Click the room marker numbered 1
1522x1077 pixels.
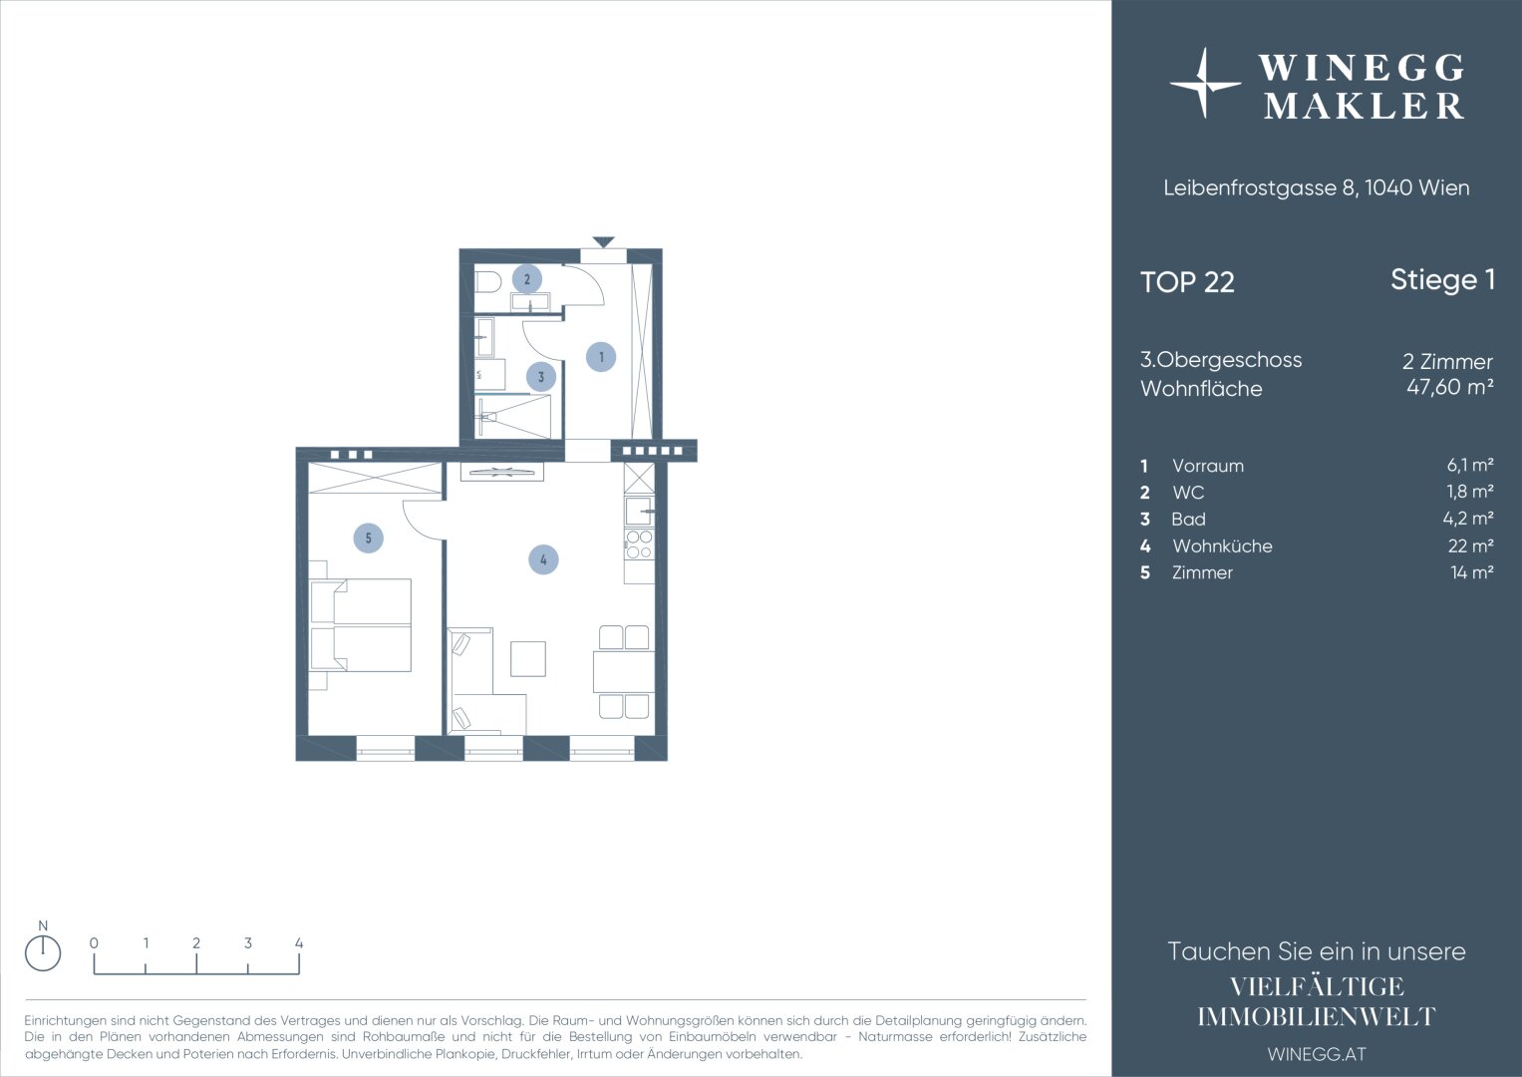(601, 357)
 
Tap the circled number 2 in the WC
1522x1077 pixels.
(526, 279)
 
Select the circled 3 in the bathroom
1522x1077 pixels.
(541, 377)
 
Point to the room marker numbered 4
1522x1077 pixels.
(543, 559)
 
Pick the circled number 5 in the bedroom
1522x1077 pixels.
(368, 538)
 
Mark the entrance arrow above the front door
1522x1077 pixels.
(603, 241)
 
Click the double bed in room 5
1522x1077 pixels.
(360, 625)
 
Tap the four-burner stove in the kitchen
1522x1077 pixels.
(639, 543)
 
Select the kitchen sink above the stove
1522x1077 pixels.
(639, 512)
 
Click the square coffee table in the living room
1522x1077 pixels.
(528, 659)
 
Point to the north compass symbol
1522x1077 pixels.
(43, 952)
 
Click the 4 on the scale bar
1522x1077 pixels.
(299, 943)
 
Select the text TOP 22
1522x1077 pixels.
(1187, 282)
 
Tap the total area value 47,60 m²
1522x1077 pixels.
(1450, 387)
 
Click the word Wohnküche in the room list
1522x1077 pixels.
(1222, 546)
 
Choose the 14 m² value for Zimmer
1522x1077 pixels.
(1472, 572)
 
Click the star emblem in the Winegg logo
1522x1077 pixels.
(1205, 84)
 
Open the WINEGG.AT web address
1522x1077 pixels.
(1316, 1054)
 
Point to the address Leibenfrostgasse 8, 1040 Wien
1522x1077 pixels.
(1316, 187)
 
